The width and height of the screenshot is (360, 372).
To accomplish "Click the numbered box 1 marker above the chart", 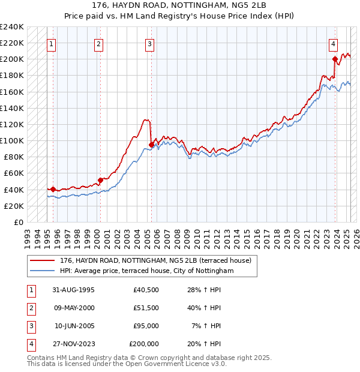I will tap(51, 44).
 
